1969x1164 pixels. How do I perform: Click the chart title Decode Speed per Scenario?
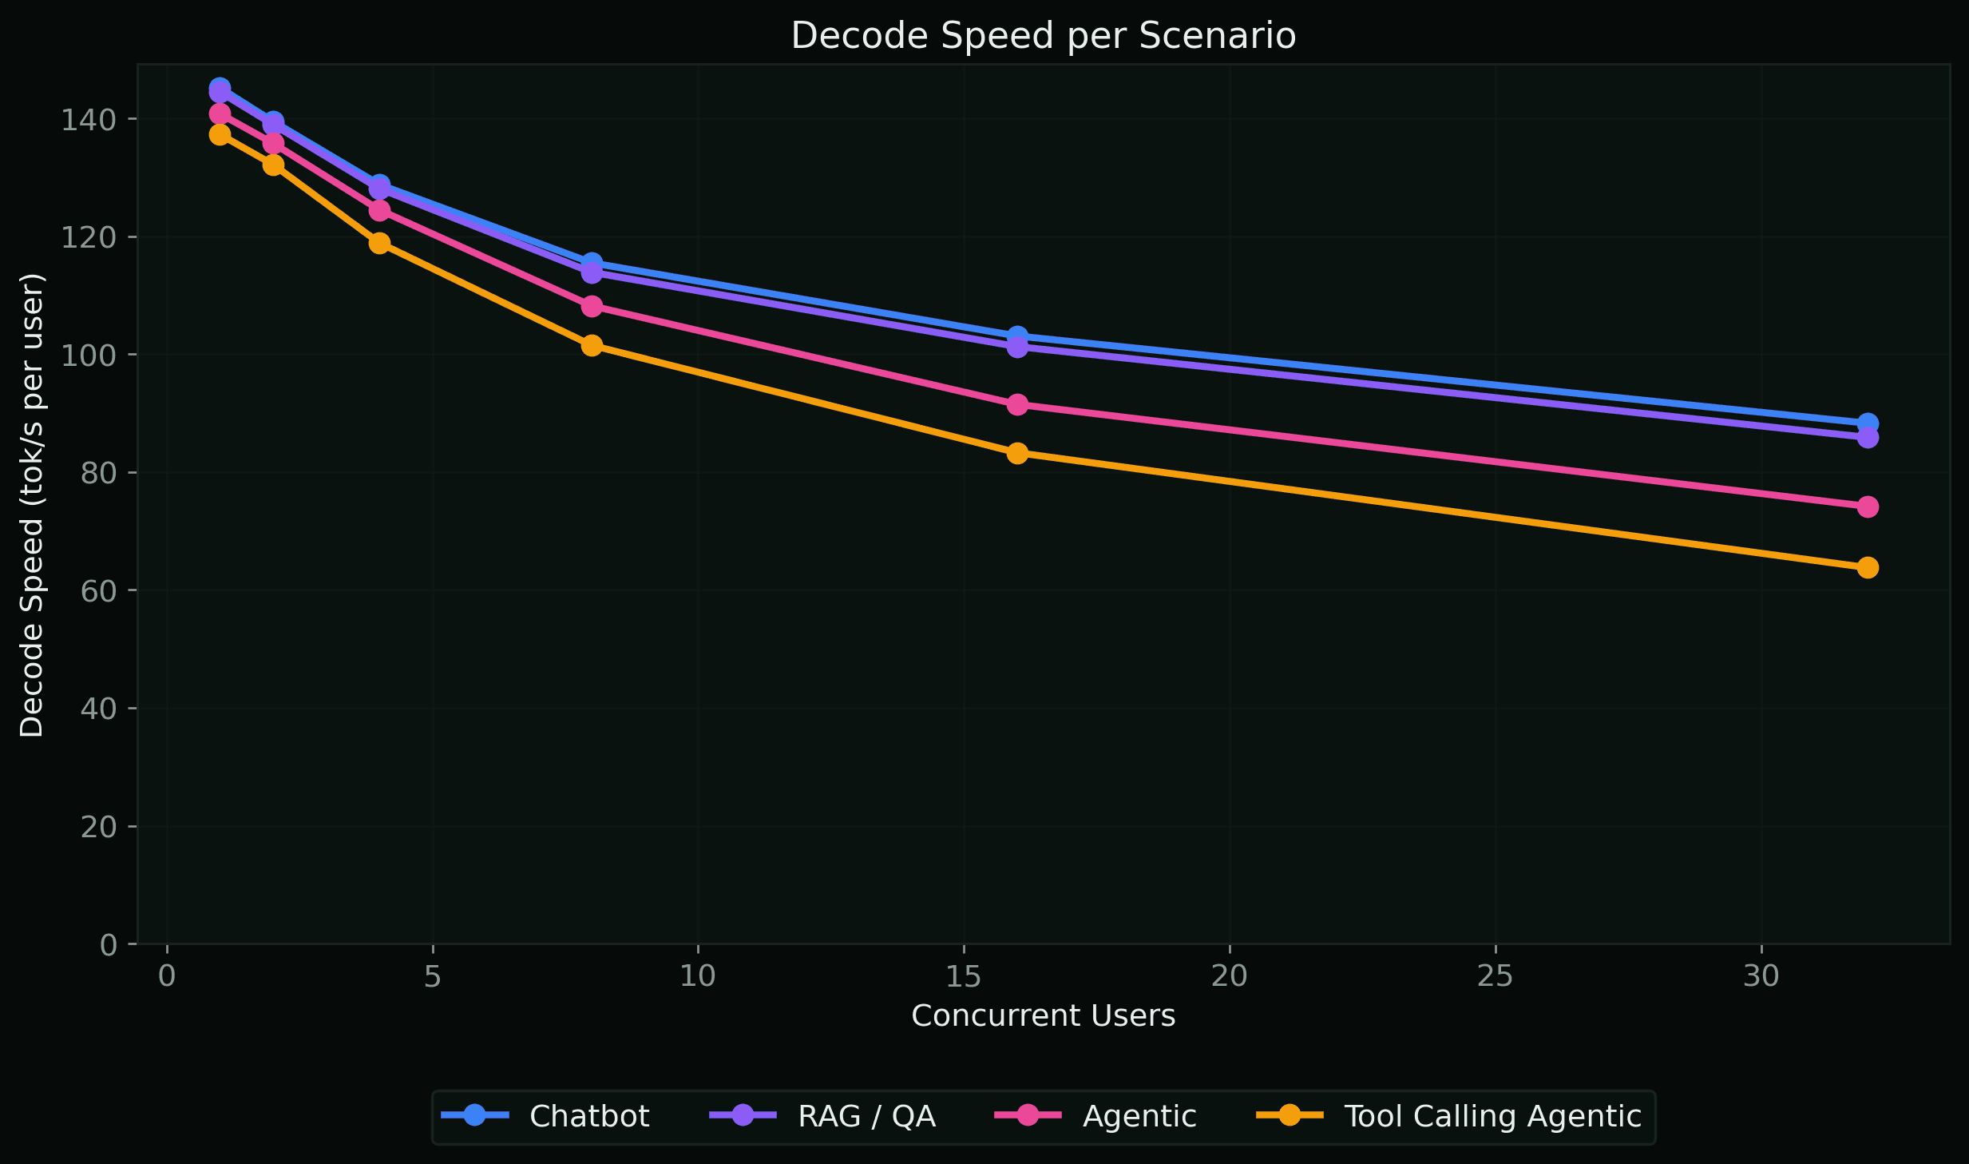(x=1043, y=36)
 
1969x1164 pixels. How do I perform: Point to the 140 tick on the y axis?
(x=88, y=120)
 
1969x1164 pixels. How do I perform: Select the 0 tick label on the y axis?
(x=108, y=945)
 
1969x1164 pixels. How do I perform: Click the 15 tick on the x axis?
(x=964, y=976)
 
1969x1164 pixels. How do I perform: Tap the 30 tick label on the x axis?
(x=1761, y=976)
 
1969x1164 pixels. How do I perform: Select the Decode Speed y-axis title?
(x=32, y=505)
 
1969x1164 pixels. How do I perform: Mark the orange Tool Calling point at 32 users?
(x=1868, y=567)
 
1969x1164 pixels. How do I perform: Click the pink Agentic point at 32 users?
(x=1868, y=507)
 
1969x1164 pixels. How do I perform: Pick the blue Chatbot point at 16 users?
(x=1017, y=336)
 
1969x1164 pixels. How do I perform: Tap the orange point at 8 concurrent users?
(x=592, y=345)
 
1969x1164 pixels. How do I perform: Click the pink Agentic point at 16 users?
(x=1017, y=404)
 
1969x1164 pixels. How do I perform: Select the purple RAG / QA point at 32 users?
(x=1868, y=437)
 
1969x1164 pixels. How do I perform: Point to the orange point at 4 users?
(x=379, y=243)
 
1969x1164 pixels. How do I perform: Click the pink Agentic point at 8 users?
(x=592, y=306)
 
